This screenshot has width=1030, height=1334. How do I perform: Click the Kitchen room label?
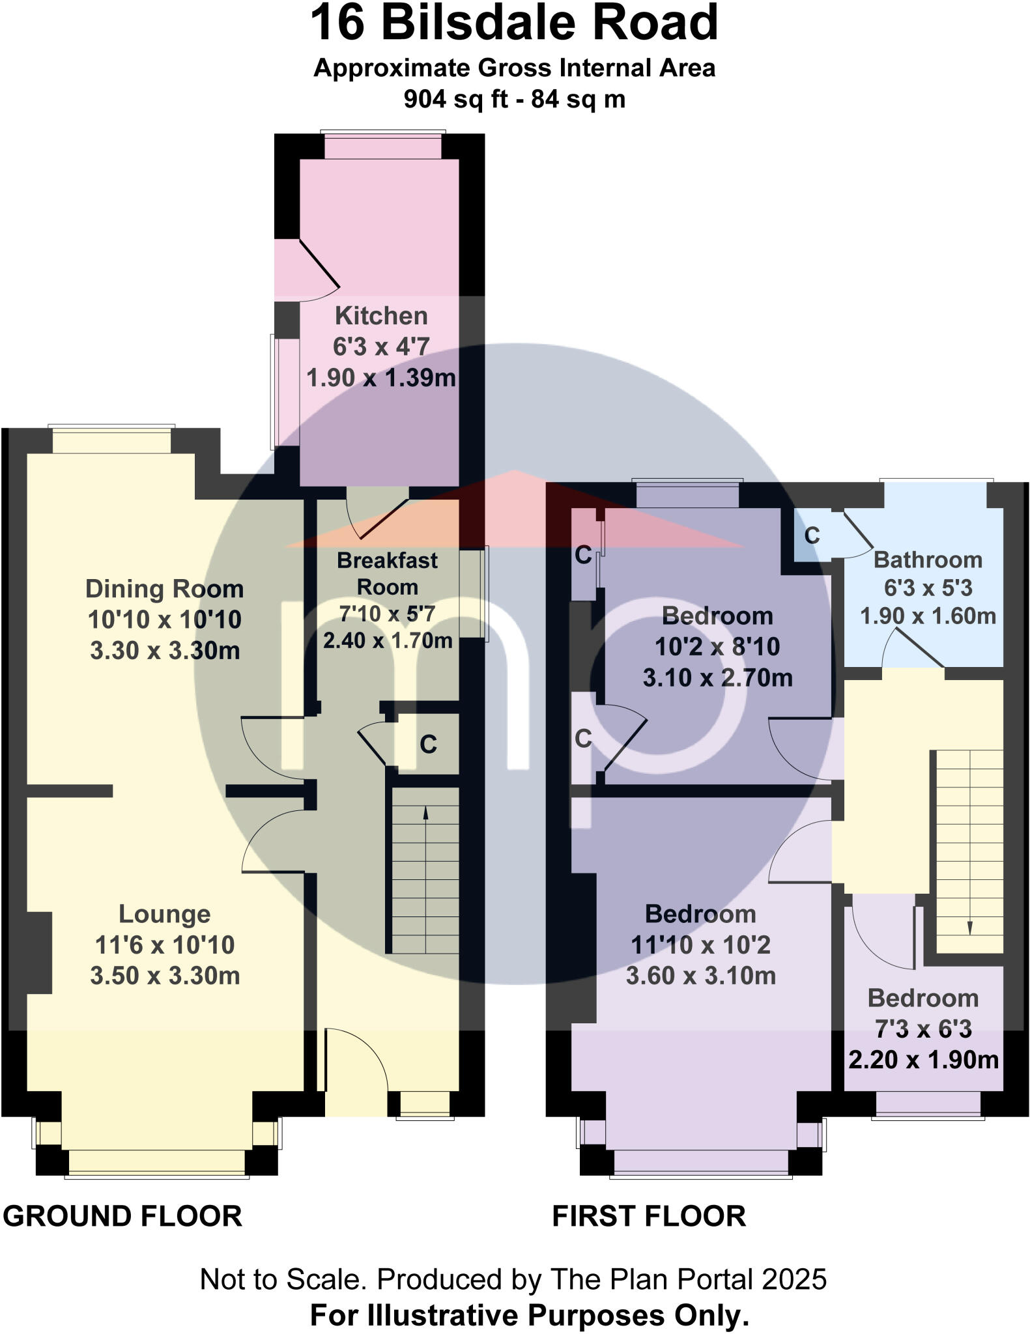[381, 316]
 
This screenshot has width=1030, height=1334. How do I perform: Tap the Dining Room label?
[164, 589]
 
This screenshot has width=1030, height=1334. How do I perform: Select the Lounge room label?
[164, 914]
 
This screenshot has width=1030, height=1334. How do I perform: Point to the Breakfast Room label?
[387, 573]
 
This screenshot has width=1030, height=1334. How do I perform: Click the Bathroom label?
[928, 560]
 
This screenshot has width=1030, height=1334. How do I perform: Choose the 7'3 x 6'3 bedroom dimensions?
[923, 1029]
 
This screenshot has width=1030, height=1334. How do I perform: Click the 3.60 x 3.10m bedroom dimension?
[700, 976]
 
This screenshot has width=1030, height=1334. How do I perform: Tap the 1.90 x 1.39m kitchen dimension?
[381, 378]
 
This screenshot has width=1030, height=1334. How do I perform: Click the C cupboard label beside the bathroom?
[812, 535]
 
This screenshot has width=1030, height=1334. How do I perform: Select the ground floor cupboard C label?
[428, 744]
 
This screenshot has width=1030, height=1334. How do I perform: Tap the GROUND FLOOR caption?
[122, 1216]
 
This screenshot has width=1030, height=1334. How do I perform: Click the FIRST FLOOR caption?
[649, 1216]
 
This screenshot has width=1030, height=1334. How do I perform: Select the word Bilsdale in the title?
[481, 23]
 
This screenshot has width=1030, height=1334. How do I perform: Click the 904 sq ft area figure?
[450, 100]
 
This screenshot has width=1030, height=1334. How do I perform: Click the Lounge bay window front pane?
[157, 1163]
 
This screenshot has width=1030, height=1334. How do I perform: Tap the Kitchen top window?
[383, 147]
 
